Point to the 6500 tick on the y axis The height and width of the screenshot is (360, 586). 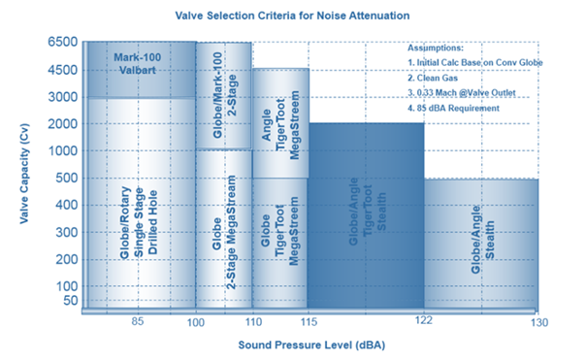(62, 44)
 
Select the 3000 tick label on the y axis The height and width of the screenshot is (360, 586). (62, 97)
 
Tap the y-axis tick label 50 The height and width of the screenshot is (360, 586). (68, 300)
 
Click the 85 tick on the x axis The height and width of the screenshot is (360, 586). (138, 321)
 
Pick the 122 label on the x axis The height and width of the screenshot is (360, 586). (423, 321)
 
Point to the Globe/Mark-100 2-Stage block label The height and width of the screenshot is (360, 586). (224, 70)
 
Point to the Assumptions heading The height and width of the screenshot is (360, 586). (437, 47)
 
